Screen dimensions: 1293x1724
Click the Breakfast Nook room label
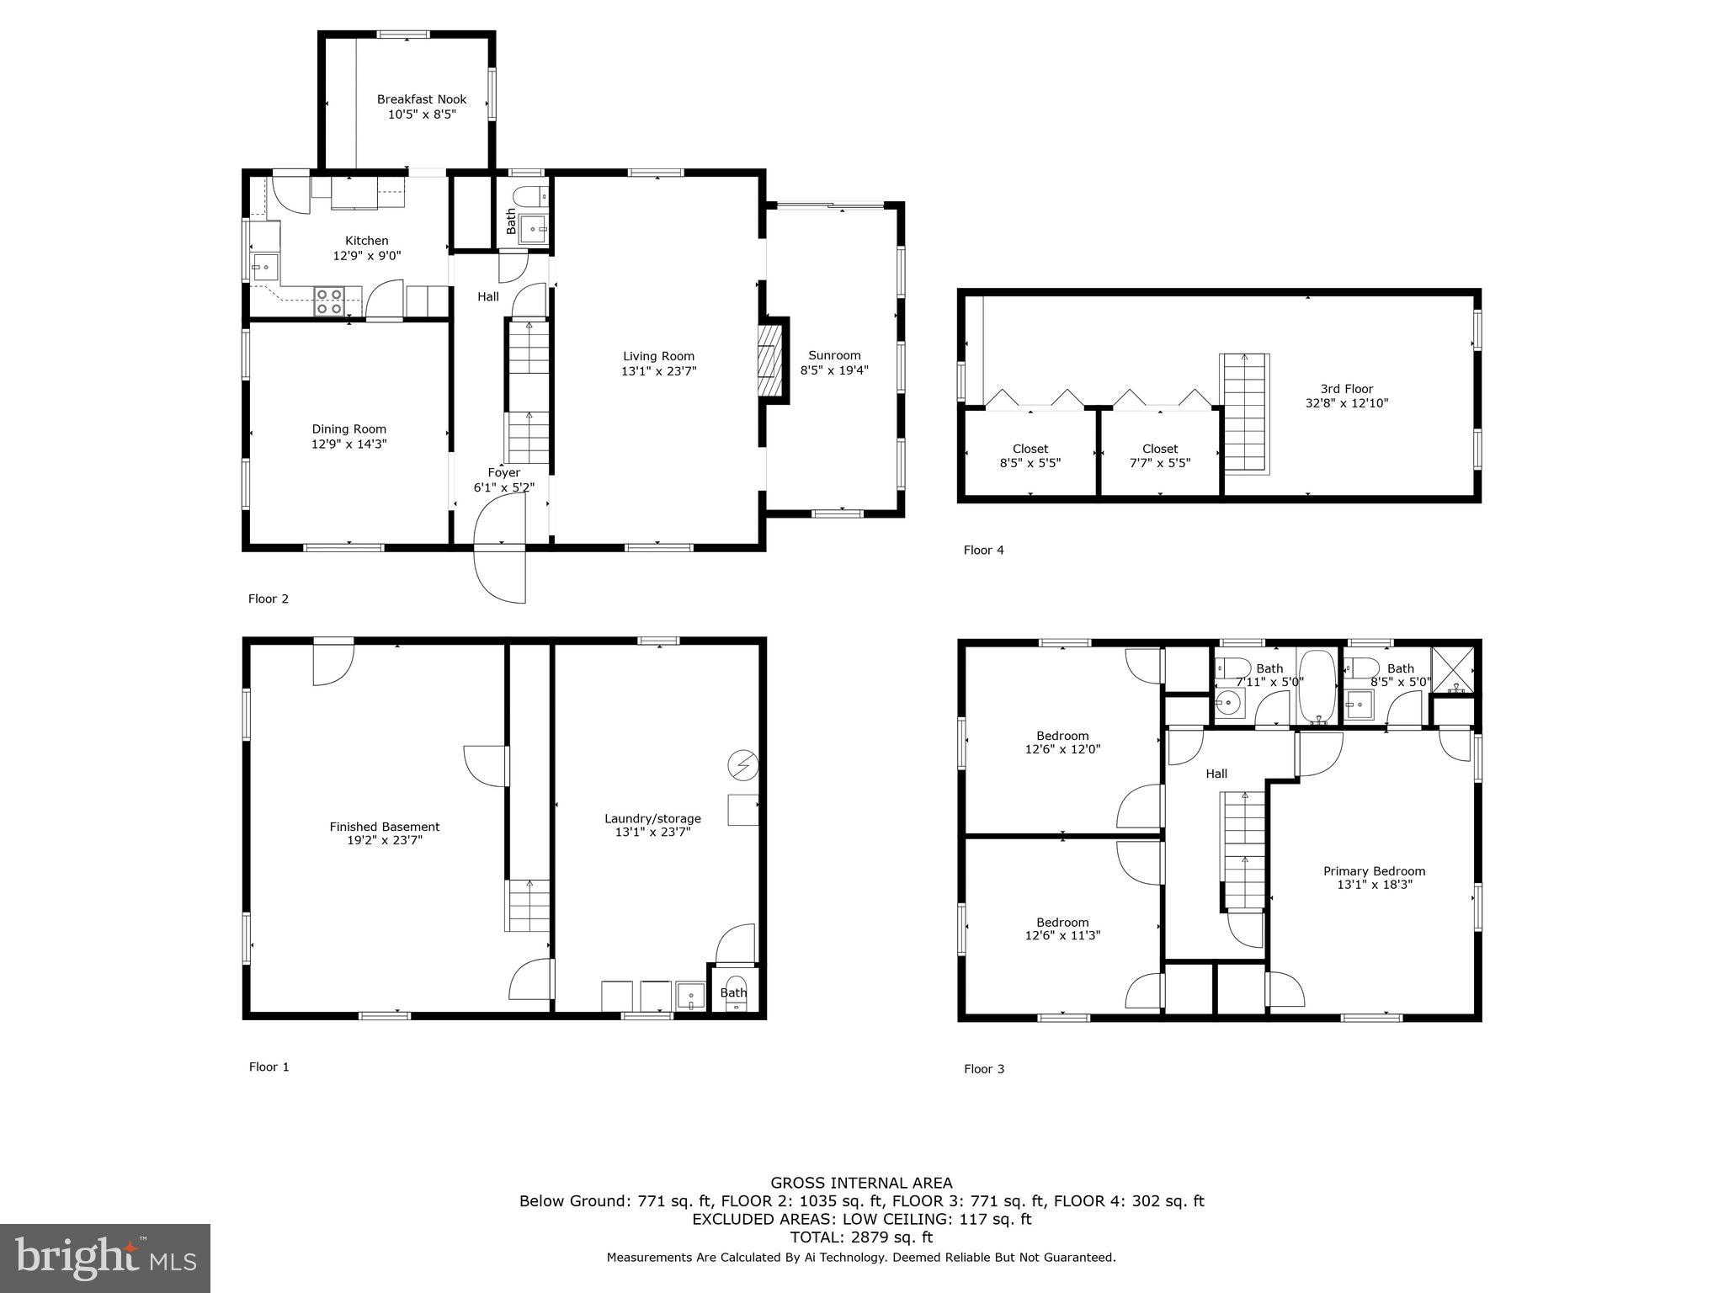point(421,99)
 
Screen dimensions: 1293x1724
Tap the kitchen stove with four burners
point(328,301)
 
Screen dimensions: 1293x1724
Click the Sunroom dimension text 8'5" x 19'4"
point(833,370)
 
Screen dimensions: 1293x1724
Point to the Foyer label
point(503,472)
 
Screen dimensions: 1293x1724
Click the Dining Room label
point(349,429)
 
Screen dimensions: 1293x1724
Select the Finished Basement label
point(384,827)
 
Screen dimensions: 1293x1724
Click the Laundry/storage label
point(652,818)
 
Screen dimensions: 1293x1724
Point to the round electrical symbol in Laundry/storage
point(743,765)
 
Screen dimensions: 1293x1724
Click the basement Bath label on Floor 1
point(733,992)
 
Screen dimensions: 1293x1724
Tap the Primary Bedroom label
point(1374,871)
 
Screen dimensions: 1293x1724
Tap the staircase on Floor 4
point(1244,412)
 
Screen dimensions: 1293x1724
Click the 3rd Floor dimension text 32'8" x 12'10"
point(1346,403)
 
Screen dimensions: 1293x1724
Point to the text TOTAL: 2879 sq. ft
point(861,1237)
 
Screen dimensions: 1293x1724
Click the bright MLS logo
point(105,1258)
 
